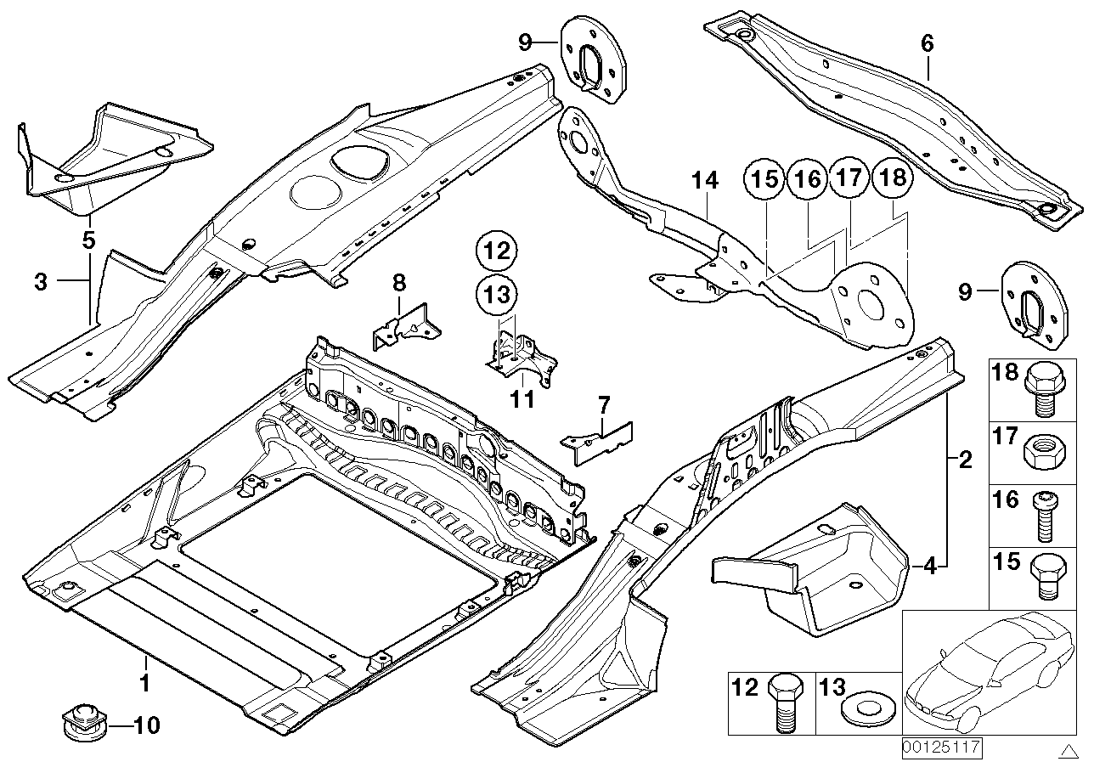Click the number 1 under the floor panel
point(144,682)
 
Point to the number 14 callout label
point(704,181)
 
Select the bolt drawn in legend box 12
point(781,702)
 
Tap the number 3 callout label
point(41,282)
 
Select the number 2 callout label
point(964,461)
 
